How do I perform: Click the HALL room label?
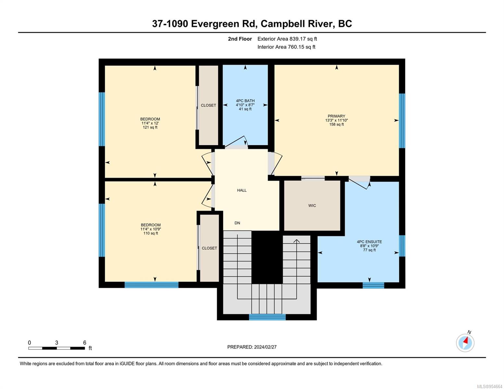coord(241,190)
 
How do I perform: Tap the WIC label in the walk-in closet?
coord(312,206)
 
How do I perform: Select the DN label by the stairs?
coord(237,223)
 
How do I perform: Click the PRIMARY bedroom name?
coord(336,116)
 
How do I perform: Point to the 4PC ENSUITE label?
coord(369,242)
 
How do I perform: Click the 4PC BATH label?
coord(245,101)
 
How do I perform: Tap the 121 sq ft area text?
coord(150,127)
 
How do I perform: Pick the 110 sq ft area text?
coord(151,233)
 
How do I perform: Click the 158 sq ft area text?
coord(336,124)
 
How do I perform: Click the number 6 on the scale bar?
coord(85,343)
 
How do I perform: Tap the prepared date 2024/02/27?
coord(265,347)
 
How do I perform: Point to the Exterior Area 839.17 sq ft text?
coord(287,39)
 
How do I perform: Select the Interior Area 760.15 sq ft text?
coord(286,47)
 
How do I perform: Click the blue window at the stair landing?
coord(267,317)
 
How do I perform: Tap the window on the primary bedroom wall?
coord(402,121)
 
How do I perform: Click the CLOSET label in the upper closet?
coord(208,105)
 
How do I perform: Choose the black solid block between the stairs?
coord(267,257)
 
